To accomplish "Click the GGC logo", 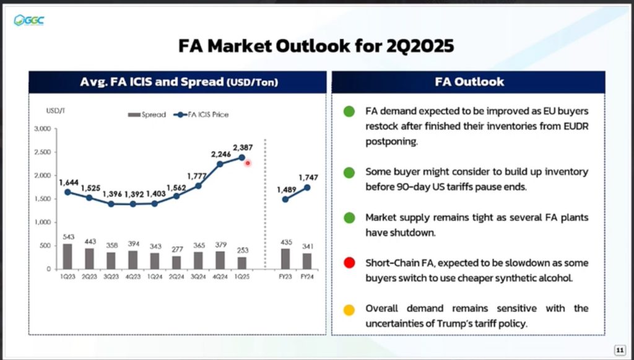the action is (x=28, y=20).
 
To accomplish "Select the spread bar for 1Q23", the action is (x=67, y=257).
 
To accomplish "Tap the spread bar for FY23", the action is (x=285, y=259).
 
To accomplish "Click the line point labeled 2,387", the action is (x=242, y=157).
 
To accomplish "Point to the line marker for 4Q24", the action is (x=220, y=164).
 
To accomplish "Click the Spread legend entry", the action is (x=147, y=115).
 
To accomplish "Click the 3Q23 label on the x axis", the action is (x=111, y=277).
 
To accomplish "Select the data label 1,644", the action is (x=69, y=182).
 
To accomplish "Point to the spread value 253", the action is (x=242, y=250).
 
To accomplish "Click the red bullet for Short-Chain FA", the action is (x=349, y=263).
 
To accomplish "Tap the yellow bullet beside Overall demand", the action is (x=349, y=310).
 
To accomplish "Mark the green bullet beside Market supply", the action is (x=349, y=218).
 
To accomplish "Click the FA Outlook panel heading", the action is (x=469, y=82).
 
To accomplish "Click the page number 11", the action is (x=620, y=349).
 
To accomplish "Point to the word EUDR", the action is (x=577, y=126).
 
